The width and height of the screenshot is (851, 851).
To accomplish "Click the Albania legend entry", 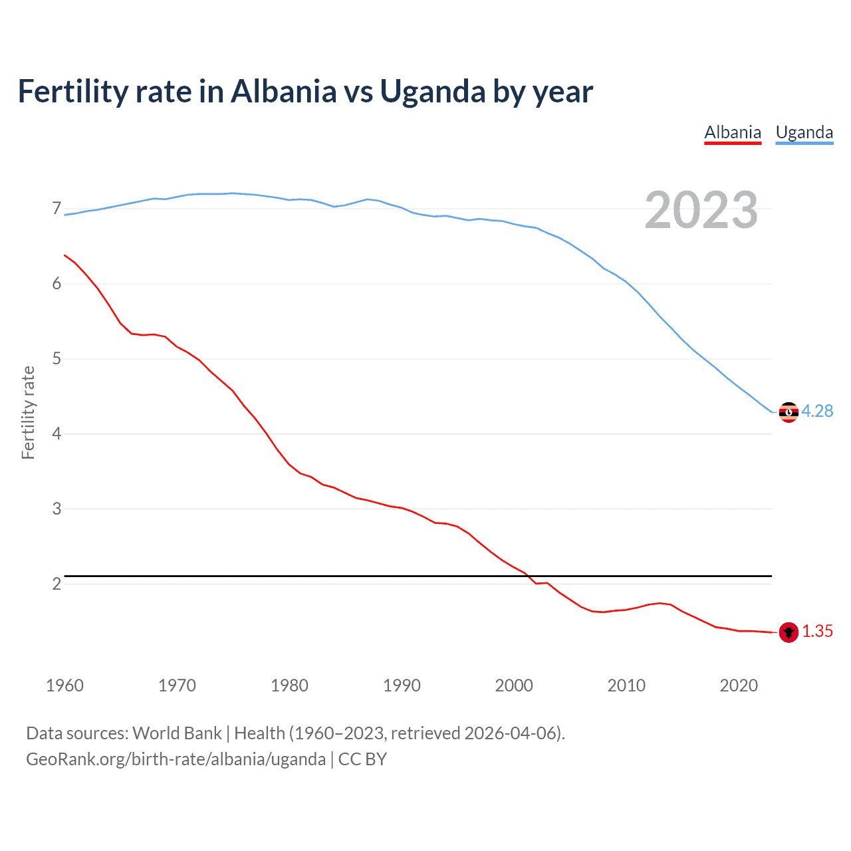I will coord(733,132).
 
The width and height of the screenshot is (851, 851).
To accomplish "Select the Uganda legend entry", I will coord(804,132).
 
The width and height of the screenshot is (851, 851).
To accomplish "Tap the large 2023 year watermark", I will coord(701,210).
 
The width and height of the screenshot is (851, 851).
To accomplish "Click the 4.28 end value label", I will coord(817,411).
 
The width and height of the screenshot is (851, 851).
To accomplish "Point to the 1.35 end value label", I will coord(817,631).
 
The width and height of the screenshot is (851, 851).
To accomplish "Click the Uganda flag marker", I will coord(789,412).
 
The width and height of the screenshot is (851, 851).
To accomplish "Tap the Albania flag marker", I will coord(789,632).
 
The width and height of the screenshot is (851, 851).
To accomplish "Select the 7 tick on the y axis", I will coord(57,209).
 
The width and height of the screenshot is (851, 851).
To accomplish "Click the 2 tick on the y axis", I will coord(57,584).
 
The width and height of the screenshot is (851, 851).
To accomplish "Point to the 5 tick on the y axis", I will coord(57,359).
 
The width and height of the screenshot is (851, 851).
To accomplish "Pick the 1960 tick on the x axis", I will coord(64,685).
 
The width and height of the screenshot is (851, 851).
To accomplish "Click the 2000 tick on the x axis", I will coord(514,685).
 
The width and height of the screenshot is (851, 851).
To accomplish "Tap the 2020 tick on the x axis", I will coord(739,685).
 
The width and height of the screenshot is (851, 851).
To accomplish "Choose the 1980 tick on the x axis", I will coord(289,685).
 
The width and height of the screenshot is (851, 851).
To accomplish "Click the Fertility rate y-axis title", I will coord(28,412).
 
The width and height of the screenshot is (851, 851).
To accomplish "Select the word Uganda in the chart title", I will coord(433,91).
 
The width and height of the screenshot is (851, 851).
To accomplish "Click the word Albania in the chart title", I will coord(284,91).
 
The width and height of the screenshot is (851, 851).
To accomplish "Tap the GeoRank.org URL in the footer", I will coord(176,759).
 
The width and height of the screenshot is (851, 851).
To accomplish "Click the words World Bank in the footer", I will coord(177,733).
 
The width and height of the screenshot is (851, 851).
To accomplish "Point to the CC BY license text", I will coord(362,759).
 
